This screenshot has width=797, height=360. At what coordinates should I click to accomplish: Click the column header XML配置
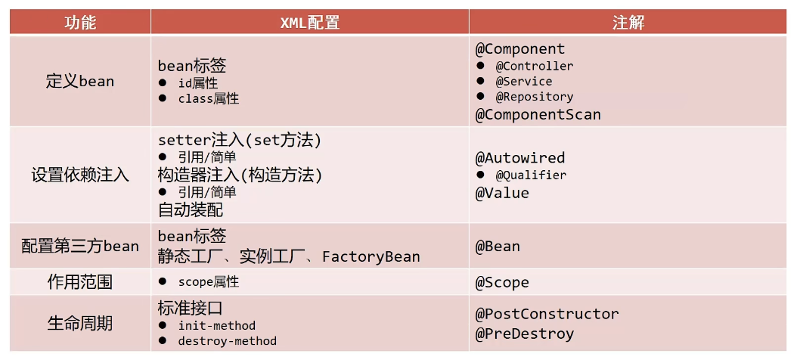pos(309,22)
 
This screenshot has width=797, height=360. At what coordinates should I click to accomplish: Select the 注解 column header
pos(628,22)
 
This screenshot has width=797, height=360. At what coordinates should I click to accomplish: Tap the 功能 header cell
pos(79,22)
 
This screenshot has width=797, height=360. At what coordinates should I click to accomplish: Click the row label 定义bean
pos(79,81)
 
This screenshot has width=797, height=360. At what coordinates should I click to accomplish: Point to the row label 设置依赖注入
pos(79,175)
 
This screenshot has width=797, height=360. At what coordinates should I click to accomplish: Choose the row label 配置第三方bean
pos(79,247)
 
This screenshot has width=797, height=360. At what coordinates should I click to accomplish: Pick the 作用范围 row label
pos(79,282)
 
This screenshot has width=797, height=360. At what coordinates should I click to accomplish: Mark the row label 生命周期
pos(79,324)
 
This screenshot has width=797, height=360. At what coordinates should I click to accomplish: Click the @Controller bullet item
pos(534,66)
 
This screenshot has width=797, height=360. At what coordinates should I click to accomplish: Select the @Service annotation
pos(523,81)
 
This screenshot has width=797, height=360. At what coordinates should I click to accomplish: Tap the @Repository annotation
pos(534,97)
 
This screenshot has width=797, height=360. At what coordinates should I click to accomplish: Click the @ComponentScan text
pos(538,115)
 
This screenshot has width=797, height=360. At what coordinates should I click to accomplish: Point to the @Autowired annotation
pos(519,158)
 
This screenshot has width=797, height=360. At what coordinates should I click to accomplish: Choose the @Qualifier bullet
pos(530,175)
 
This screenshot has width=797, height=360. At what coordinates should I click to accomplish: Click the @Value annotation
pos(502,193)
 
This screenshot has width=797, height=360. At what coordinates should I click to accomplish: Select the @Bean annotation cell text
pos(498,247)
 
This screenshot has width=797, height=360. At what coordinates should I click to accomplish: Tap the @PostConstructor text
pos(547,314)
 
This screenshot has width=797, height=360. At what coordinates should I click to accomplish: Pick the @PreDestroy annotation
pos(524,334)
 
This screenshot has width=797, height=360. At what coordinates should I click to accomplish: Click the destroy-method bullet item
pos(227,341)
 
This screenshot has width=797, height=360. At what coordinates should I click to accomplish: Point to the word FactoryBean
pos(371,257)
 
